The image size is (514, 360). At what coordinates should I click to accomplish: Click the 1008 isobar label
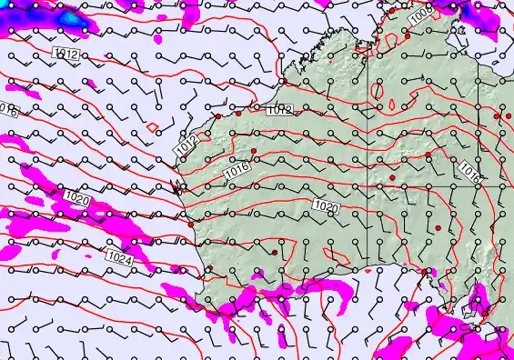(418, 15)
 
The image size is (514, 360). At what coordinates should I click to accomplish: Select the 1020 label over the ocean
(77, 196)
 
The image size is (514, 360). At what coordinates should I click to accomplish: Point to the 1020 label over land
(325, 207)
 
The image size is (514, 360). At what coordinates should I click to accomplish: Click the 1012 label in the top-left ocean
(66, 55)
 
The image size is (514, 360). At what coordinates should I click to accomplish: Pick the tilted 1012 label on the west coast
(187, 144)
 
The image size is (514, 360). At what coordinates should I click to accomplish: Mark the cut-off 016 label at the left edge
(7, 110)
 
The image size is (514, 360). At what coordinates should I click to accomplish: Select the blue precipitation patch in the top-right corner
(469, 9)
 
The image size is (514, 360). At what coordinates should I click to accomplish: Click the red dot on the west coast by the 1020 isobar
(189, 223)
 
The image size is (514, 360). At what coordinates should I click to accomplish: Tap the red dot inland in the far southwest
(273, 252)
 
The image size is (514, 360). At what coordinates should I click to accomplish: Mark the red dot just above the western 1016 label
(255, 151)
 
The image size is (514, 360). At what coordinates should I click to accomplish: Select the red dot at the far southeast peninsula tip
(425, 271)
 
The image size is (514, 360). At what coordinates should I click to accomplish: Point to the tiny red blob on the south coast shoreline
(368, 270)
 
